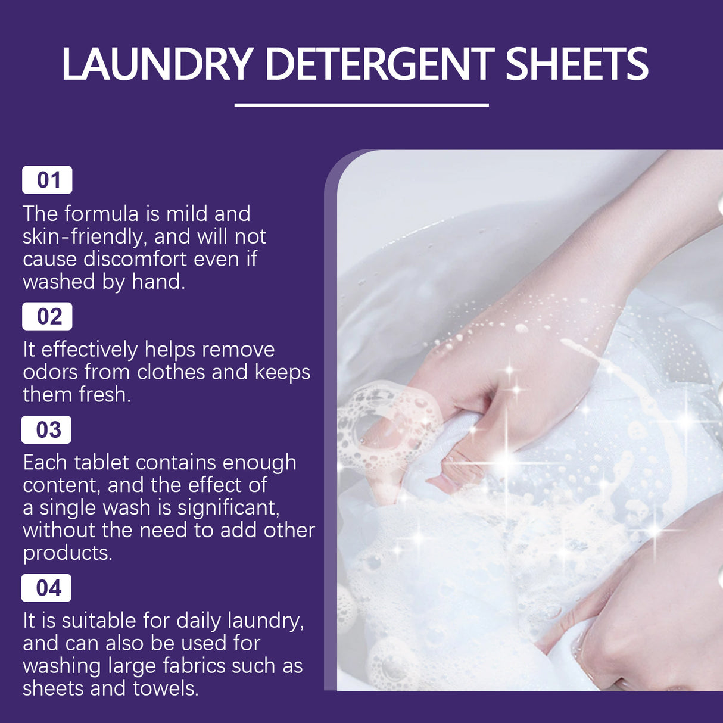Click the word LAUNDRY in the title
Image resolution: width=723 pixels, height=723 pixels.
click(x=158, y=64)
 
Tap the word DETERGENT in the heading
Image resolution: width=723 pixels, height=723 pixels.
click(x=379, y=64)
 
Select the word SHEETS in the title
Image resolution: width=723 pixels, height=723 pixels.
click(x=576, y=64)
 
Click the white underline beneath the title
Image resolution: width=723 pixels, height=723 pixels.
click(x=361, y=105)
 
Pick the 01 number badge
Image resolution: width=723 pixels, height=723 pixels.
click(x=48, y=180)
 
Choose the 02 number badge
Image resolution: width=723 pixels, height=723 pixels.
click(x=48, y=316)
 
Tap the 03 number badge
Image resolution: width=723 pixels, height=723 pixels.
click(x=47, y=429)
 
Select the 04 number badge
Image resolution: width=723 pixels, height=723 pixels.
click(x=47, y=588)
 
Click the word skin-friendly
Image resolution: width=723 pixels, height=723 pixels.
click(x=83, y=237)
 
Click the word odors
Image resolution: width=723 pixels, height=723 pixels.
click(x=50, y=372)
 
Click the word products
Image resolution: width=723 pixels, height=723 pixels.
click(x=67, y=553)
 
